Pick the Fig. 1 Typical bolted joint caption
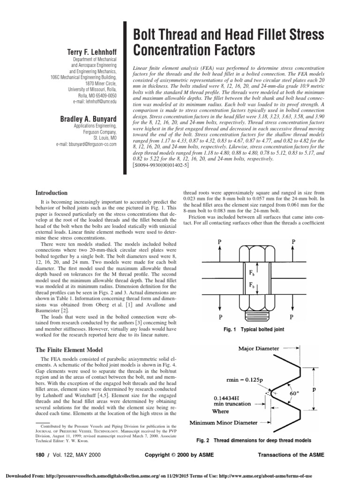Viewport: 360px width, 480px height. (254, 330)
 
